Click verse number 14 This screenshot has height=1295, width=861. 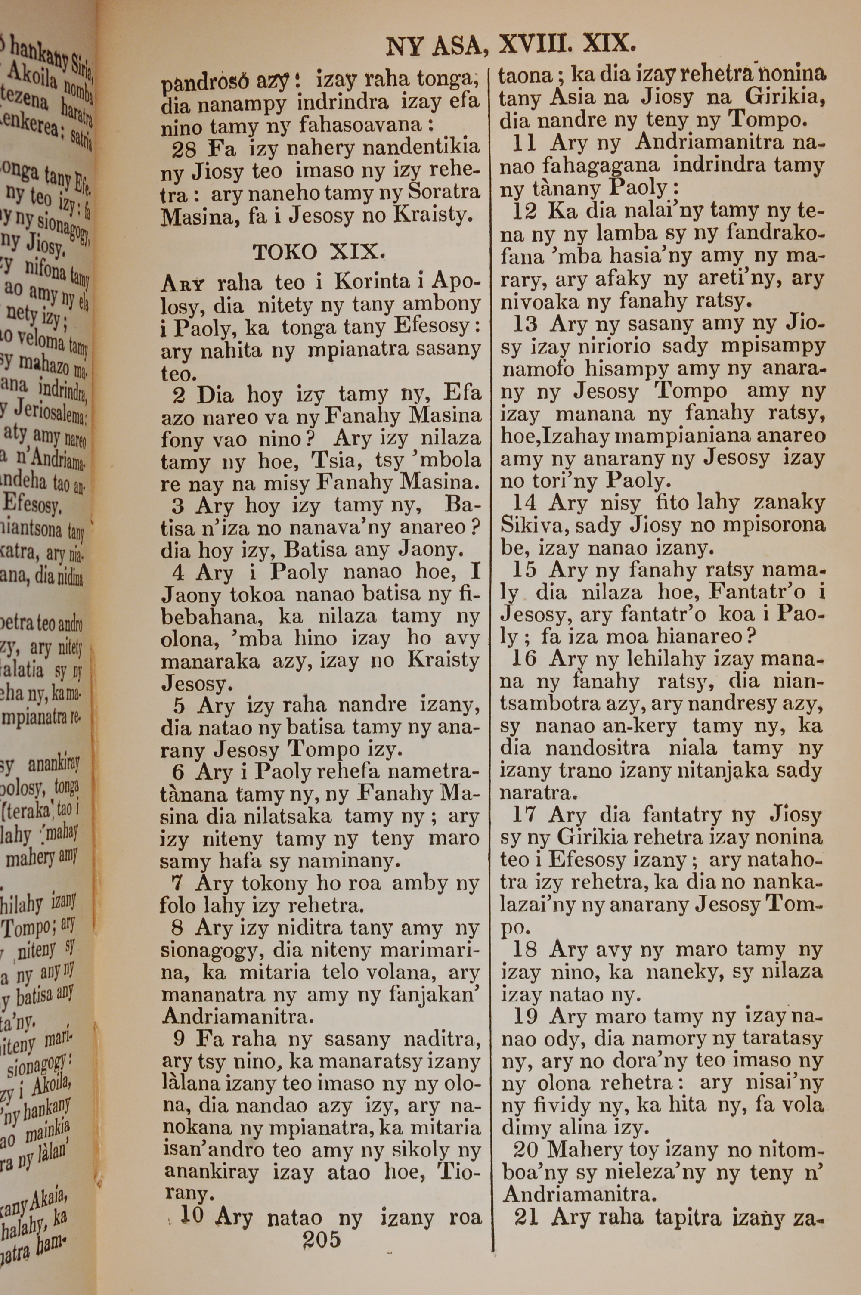pyautogui.click(x=525, y=503)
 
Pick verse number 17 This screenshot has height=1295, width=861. pyautogui.click(x=524, y=815)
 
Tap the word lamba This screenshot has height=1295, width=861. pyautogui.click(x=632, y=234)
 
